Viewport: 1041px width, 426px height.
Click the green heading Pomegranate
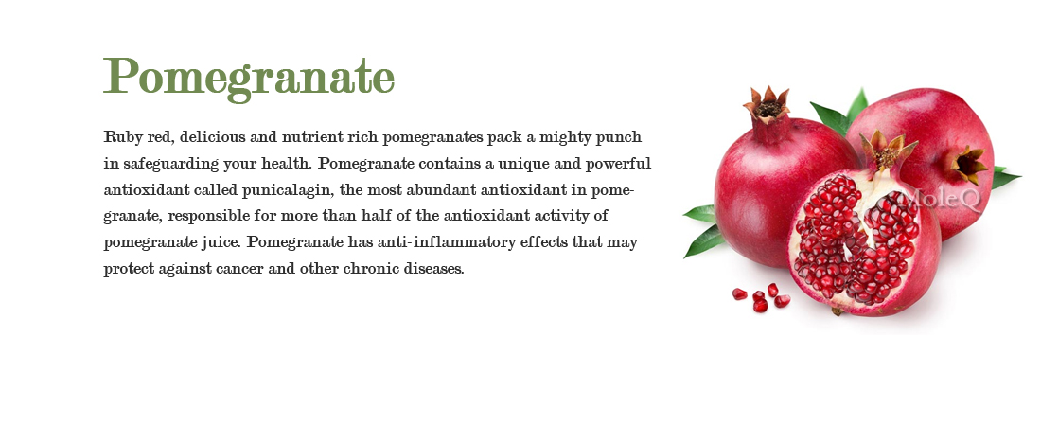pyautogui.click(x=248, y=76)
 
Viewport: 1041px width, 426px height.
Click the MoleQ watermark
pyautogui.click(x=930, y=199)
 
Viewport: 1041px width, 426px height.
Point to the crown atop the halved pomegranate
pyautogui.click(x=888, y=151)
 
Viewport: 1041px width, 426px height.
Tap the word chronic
pyautogui.click(x=389, y=269)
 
